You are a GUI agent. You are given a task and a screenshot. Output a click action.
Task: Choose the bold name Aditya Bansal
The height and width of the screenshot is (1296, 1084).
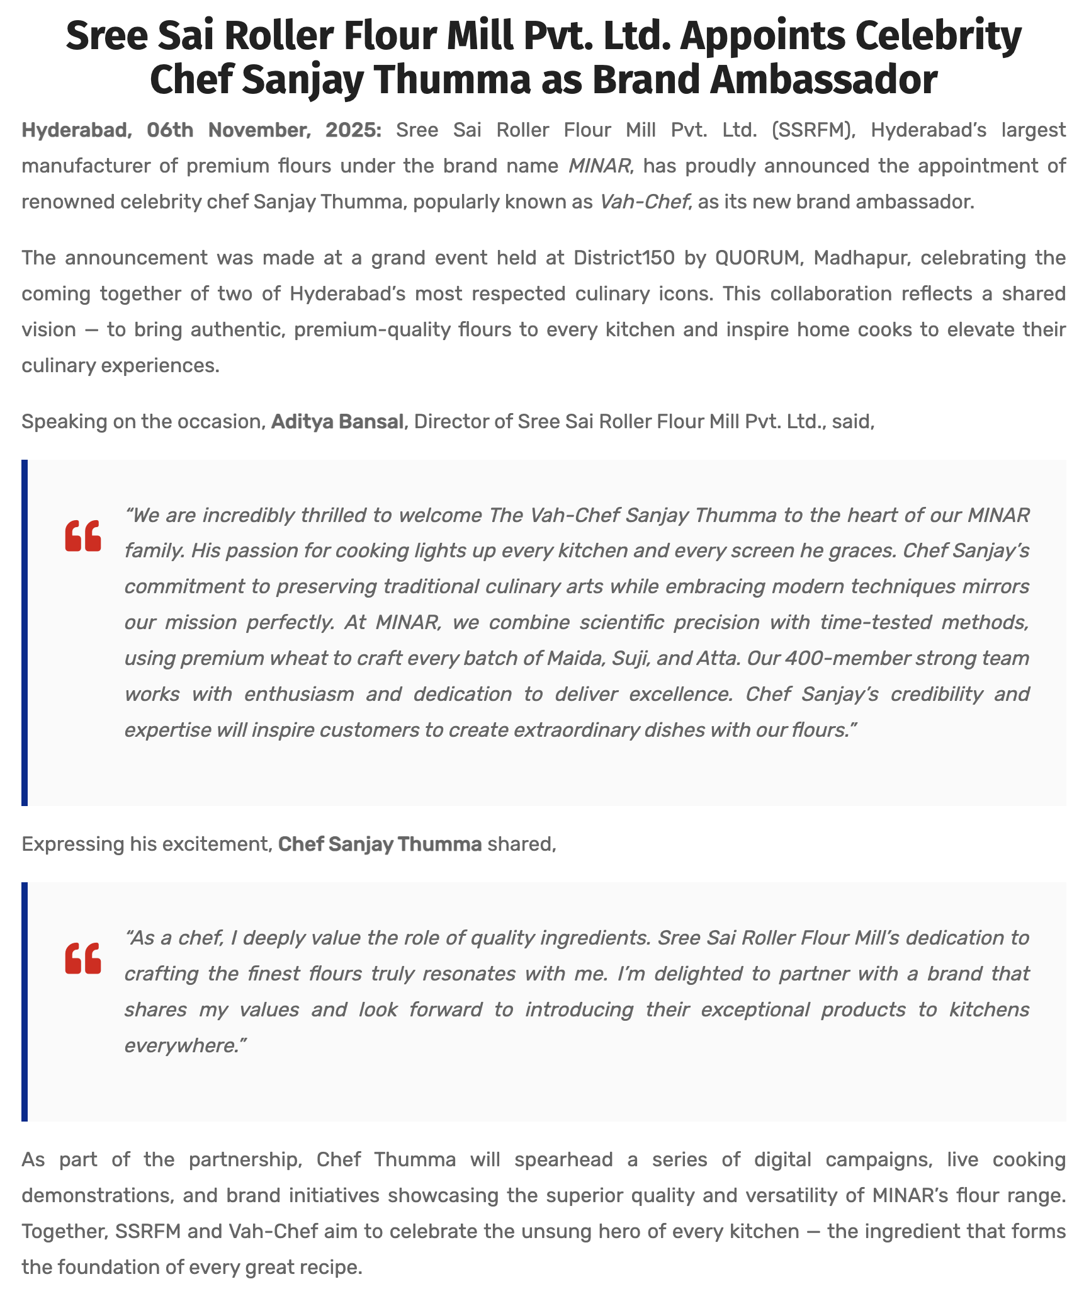[337, 421]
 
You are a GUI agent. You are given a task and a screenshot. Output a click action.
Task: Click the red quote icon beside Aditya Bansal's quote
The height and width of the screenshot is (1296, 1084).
[83, 536]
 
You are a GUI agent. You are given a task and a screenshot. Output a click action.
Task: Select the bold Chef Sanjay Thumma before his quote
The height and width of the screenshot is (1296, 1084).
[380, 844]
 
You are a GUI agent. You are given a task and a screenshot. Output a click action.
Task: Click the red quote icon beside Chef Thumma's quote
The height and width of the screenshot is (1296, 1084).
[83, 958]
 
